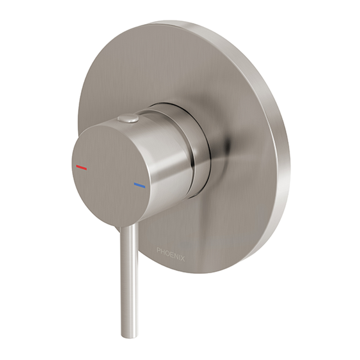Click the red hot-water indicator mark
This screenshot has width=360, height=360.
[x=81, y=167]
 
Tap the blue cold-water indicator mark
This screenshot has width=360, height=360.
[x=139, y=185]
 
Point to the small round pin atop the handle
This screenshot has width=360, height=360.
[x=128, y=118]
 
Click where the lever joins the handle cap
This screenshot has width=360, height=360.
[x=129, y=227]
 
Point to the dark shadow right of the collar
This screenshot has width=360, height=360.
[x=227, y=147]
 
